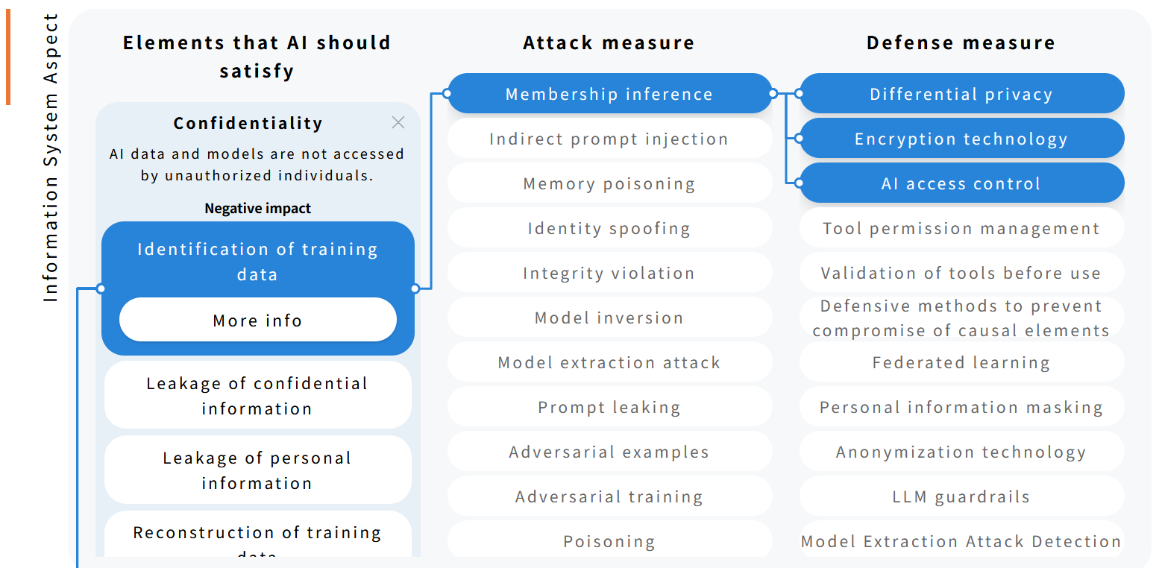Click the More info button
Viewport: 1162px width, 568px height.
pyautogui.click(x=257, y=321)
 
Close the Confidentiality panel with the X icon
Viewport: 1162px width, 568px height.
pyautogui.click(x=398, y=123)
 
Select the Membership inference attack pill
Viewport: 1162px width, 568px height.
pyautogui.click(x=609, y=94)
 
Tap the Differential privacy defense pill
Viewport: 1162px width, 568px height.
pyautogui.click(x=961, y=94)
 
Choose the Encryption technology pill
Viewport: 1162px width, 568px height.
pyautogui.click(x=961, y=139)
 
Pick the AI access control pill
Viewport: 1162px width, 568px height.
pyautogui.click(x=961, y=183)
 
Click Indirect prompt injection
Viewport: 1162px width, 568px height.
pyautogui.click(x=609, y=139)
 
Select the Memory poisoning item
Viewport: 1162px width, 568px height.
pyautogui.click(x=609, y=183)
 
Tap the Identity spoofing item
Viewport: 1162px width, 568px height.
pyautogui.click(x=609, y=228)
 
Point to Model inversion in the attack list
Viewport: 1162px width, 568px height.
pyautogui.click(x=609, y=318)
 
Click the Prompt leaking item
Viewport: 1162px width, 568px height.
pyautogui.click(x=609, y=407)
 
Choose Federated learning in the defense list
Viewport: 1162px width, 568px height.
pyautogui.click(x=961, y=362)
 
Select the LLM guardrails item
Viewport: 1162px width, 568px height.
pyautogui.click(x=961, y=496)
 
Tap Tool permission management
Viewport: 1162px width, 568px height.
pyautogui.click(x=961, y=228)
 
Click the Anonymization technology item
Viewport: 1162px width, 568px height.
pyautogui.click(x=961, y=452)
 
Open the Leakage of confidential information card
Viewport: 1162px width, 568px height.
pyautogui.click(x=257, y=395)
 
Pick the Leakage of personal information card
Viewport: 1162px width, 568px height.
pyautogui.click(x=257, y=470)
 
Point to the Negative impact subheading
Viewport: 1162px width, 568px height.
pyautogui.click(x=257, y=209)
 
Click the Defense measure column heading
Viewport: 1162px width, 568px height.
pyautogui.click(x=961, y=42)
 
